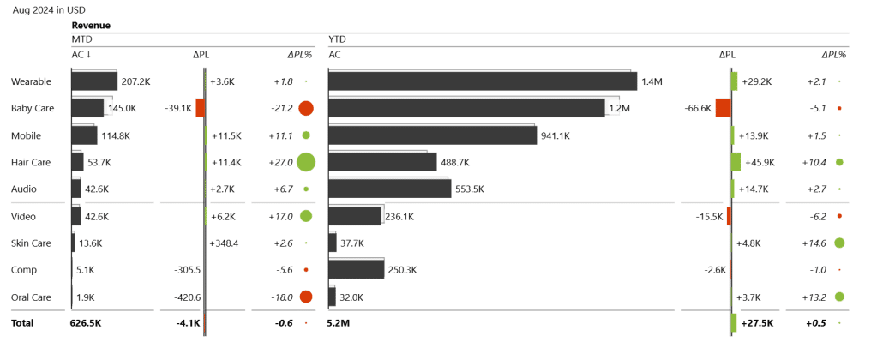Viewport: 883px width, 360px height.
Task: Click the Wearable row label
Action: [x=30, y=81]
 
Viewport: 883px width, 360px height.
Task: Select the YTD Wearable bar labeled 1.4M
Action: [x=482, y=81]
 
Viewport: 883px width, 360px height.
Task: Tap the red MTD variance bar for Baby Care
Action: [x=200, y=108]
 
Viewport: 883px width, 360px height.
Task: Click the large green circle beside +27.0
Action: [x=306, y=162]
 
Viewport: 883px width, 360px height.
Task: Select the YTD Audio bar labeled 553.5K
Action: [x=389, y=189]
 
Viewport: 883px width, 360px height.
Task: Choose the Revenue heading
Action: [x=91, y=26]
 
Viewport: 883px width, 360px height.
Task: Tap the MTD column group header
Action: [x=81, y=39]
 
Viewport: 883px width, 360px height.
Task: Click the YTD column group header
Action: [x=337, y=39]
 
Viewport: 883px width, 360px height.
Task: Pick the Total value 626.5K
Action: [x=86, y=323]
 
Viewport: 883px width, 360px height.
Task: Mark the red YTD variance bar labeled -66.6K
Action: [x=723, y=108]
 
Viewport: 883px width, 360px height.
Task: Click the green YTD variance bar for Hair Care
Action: [x=736, y=162]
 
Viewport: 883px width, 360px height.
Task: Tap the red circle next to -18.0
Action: [x=306, y=297]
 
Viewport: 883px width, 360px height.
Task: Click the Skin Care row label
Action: [x=31, y=243]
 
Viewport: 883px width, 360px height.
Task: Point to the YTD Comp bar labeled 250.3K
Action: [x=356, y=269]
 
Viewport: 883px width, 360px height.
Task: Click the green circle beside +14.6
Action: [x=839, y=243]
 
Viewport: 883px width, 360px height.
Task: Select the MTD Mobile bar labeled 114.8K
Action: [x=84, y=135]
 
